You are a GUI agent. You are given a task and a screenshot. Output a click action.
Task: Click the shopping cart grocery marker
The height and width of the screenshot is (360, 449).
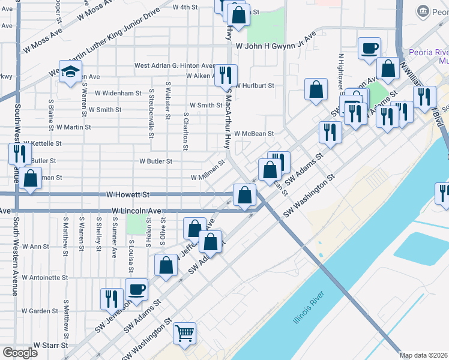pyautogui.click(x=185, y=333)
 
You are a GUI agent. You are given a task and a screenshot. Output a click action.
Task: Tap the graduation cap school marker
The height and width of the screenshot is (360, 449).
pyautogui.click(x=70, y=71)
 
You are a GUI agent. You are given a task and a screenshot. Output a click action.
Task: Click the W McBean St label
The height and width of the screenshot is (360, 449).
pyautogui.click(x=254, y=134)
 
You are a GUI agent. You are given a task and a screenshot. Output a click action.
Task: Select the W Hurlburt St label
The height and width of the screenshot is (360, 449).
pyautogui.click(x=255, y=86)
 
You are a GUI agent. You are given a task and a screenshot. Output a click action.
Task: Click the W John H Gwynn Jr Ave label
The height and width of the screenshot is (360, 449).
pyautogui.click(x=275, y=46)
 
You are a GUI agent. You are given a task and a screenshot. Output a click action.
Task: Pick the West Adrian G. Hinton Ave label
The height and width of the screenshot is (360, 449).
pyautogui.click(x=174, y=65)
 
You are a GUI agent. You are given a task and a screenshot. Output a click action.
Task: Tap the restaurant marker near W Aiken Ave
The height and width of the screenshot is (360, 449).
pyautogui.click(x=226, y=75)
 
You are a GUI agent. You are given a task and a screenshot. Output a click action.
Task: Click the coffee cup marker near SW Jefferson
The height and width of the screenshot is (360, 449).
pyautogui.click(x=136, y=289)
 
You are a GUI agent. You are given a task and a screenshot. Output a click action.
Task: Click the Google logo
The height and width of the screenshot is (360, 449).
pyautogui.click(x=20, y=353)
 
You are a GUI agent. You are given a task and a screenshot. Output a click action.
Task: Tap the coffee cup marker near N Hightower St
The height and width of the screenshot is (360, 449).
pyautogui.click(x=370, y=48)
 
